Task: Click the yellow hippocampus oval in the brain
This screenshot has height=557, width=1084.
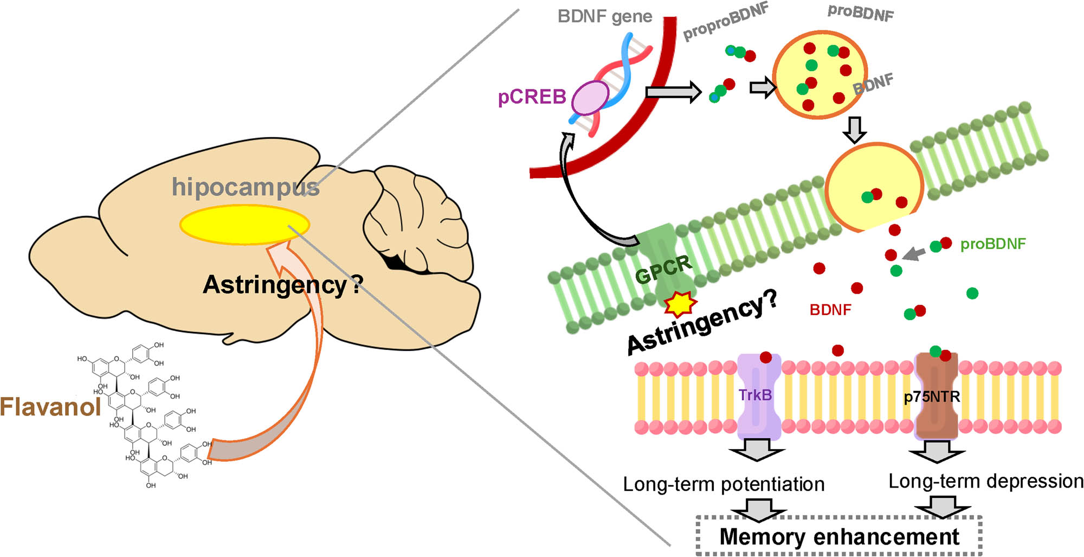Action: (244, 224)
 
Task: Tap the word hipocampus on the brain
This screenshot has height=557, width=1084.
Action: (245, 187)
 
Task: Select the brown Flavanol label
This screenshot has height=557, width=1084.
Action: (50, 407)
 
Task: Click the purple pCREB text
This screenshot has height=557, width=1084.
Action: (532, 97)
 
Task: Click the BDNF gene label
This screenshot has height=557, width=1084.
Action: (604, 16)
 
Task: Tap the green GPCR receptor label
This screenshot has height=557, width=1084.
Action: (663, 270)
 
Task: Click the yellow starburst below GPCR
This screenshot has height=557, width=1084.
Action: (680, 304)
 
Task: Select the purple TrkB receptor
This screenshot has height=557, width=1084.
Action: (758, 396)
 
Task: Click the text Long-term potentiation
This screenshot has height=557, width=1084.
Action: (723, 484)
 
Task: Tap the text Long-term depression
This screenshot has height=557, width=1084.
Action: (985, 481)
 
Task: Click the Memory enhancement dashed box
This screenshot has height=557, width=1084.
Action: (838, 536)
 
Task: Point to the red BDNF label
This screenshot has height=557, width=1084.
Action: (830, 310)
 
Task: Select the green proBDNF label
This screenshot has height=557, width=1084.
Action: (992, 244)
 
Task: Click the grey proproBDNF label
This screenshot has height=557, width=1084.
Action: (725, 22)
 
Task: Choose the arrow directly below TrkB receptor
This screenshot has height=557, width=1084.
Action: (757, 450)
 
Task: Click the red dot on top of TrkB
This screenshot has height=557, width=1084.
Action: (765, 357)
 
